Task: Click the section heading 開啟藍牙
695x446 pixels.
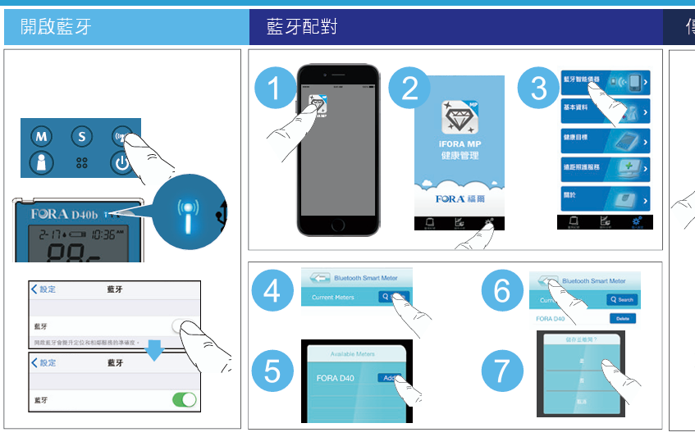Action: (56, 27)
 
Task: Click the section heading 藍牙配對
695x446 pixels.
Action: (301, 27)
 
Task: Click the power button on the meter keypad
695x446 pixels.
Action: (122, 162)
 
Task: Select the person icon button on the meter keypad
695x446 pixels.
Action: (41, 162)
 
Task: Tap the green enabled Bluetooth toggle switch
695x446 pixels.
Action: (184, 400)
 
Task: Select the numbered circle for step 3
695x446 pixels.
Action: (538, 89)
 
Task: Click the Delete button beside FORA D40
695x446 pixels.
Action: (622, 318)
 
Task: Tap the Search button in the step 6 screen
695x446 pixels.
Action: (622, 300)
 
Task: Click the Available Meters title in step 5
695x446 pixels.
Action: (352, 354)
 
